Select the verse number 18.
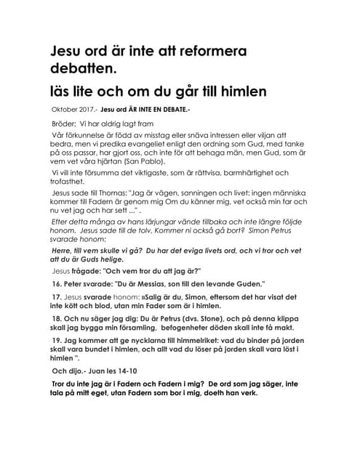tap(56, 319)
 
